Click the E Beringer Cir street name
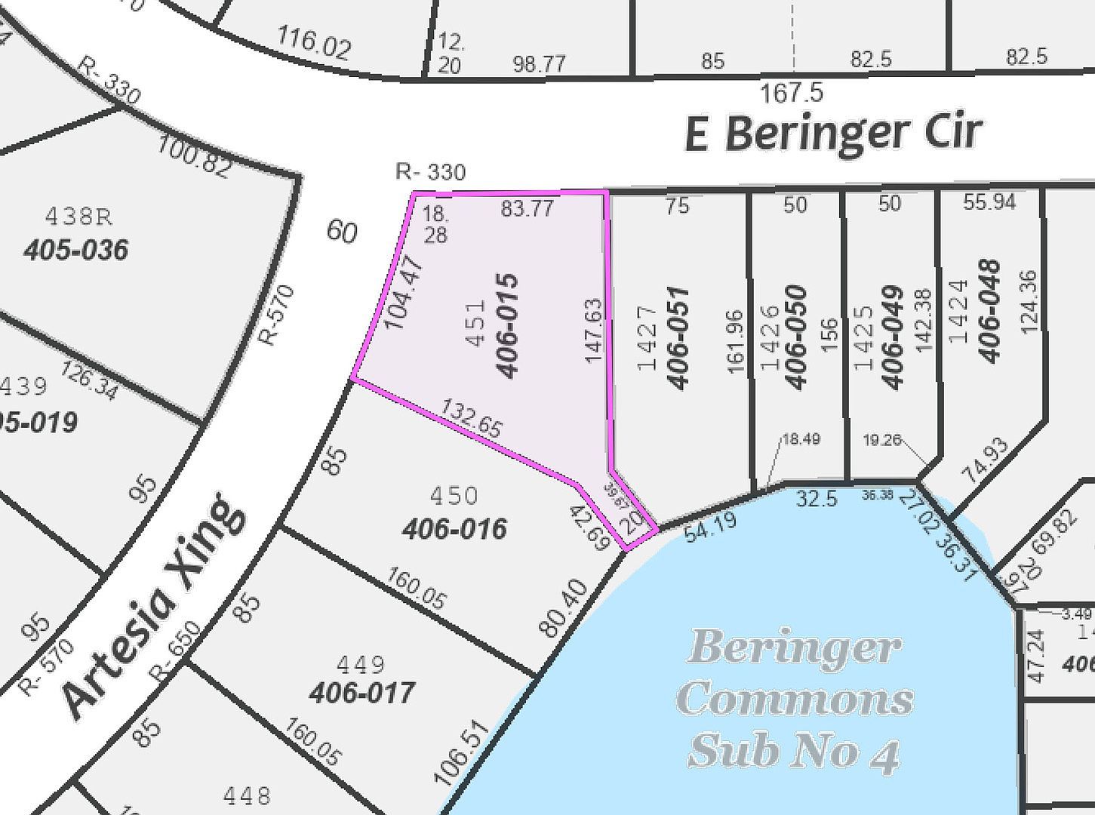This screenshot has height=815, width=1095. [833, 133]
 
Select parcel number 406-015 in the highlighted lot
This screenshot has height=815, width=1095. [506, 325]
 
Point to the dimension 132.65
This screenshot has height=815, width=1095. [472, 419]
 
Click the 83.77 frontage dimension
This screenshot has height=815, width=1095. [528, 208]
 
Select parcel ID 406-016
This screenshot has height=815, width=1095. [454, 529]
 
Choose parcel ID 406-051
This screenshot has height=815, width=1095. [678, 337]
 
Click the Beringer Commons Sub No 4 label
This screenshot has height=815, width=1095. [795, 699]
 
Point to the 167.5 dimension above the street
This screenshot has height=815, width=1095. [791, 94]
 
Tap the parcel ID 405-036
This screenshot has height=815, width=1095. [75, 250]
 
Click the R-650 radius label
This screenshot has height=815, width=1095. [175, 651]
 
